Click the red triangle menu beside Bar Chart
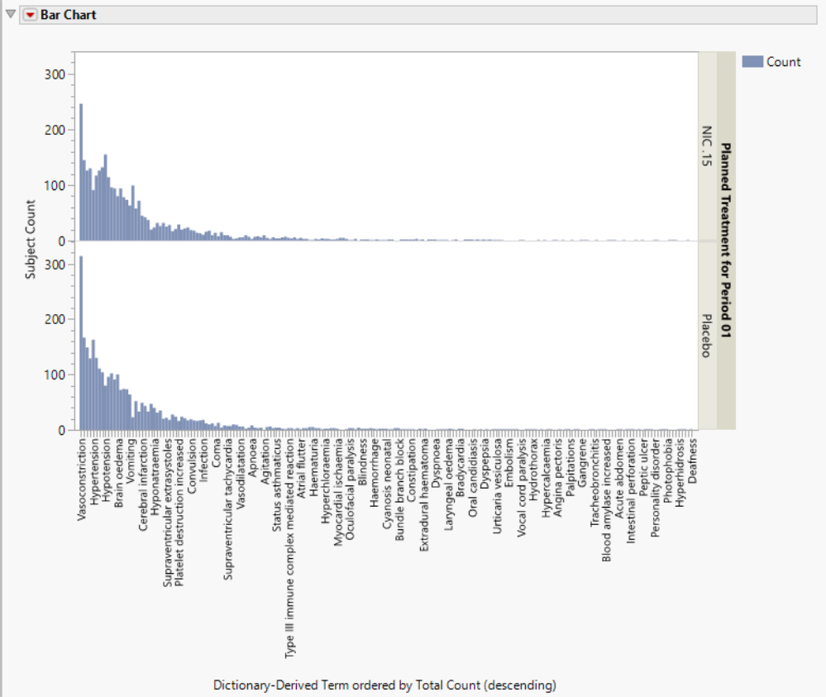pyautogui.click(x=31, y=15)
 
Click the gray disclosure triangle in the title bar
pyautogui.click(x=11, y=15)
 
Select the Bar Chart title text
pyautogui.click(x=69, y=15)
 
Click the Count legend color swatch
pyautogui.click(x=752, y=61)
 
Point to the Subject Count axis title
pyautogui.click(x=31, y=239)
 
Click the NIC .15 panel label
pyautogui.click(x=706, y=146)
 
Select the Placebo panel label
pyautogui.click(x=706, y=336)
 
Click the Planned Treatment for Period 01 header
pyautogui.click(x=726, y=241)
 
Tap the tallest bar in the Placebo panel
pyautogui.click(x=81, y=343)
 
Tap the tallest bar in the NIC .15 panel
pyautogui.click(x=81, y=172)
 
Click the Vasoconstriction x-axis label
pyautogui.click(x=82, y=479)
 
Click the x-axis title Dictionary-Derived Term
pyautogui.click(x=384, y=685)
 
